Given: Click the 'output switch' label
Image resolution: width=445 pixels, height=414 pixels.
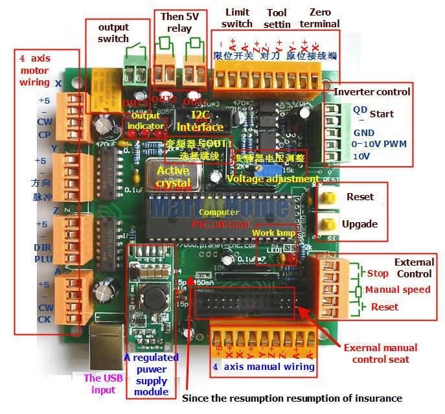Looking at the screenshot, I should coord(113,32).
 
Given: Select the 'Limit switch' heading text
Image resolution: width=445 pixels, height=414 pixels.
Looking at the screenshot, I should coord(236,18).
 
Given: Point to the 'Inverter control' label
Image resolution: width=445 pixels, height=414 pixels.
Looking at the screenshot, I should coord(372,91).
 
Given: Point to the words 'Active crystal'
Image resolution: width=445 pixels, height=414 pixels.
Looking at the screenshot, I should coord(174,177).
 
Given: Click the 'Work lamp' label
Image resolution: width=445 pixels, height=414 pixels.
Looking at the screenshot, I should coord(274,233).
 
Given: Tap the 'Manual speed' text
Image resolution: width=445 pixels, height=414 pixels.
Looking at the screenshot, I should coord(397,290).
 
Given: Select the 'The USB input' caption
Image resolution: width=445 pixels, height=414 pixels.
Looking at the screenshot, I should coord(102,384).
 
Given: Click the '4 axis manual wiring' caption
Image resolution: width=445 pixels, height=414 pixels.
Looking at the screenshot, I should coord(264,367).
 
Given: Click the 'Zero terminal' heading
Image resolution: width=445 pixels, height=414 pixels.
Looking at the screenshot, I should coord(320,18).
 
